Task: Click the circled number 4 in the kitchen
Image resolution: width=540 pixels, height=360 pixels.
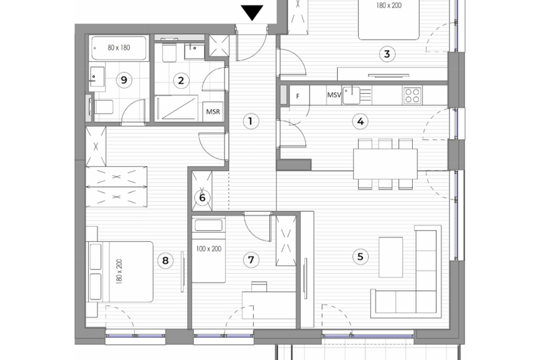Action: tap(360, 122)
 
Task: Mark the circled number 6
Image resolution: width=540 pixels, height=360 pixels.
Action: tap(202, 197)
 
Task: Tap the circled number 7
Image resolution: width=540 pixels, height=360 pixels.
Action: tap(251, 260)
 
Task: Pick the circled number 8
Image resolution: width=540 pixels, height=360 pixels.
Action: tap(164, 260)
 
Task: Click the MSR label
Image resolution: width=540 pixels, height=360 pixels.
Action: tap(212, 112)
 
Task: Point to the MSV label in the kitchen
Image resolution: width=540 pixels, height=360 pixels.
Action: tap(334, 95)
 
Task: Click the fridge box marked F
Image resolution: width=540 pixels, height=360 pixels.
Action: tap(298, 95)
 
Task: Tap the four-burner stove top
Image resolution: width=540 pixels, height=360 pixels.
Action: tap(412, 94)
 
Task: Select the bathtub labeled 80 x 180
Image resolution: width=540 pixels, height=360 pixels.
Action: tap(119, 47)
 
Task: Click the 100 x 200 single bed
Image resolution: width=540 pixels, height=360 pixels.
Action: tap(209, 252)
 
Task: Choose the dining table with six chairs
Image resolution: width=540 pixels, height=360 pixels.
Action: tap(385, 164)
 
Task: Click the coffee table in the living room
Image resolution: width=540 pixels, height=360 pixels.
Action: tap(391, 257)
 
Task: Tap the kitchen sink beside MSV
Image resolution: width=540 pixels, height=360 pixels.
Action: tap(351, 94)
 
